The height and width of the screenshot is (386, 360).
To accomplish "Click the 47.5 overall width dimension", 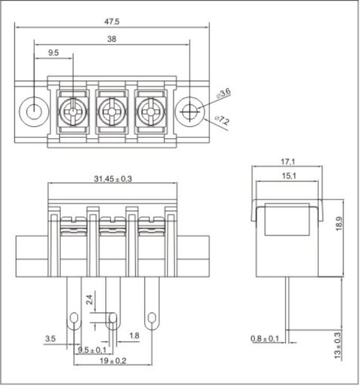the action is (x=112, y=22).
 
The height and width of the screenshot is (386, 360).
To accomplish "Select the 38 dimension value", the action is (x=112, y=39).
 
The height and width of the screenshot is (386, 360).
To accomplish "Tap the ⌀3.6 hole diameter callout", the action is (x=224, y=93).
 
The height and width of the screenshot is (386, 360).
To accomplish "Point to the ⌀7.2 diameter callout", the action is (x=222, y=120).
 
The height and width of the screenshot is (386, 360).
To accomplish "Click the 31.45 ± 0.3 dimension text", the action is (x=113, y=178).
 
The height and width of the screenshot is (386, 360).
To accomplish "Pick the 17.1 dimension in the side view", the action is (x=288, y=162).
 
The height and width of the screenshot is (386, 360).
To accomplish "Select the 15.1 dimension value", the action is (x=289, y=176).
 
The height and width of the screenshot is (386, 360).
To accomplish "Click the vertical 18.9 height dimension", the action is (x=339, y=223).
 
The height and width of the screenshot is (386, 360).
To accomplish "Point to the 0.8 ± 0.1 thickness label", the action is (x=265, y=338).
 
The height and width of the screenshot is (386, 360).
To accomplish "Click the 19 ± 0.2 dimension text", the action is (x=113, y=361).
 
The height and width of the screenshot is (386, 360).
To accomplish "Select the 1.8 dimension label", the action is (x=134, y=335).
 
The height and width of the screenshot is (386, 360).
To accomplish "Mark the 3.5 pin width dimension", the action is (x=50, y=338).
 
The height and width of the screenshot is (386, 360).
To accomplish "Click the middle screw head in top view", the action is (x=112, y=112).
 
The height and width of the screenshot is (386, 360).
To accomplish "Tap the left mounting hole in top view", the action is (x=34, y=112).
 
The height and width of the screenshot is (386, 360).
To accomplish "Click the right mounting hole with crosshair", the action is (x=189, y=112).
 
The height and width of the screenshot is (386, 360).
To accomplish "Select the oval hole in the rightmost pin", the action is (x=152, y=318).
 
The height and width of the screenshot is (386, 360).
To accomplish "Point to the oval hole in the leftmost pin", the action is (x=74, y=318).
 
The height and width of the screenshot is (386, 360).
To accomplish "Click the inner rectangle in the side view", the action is (x=287, y=219).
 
